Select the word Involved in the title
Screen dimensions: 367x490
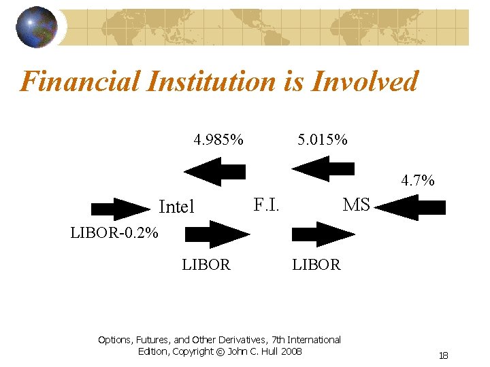(364, 82)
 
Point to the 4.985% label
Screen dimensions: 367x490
(218, 141)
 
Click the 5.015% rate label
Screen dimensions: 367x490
(323, 141)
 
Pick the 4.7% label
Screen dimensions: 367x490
(418, 181)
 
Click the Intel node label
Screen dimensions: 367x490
(176, 207)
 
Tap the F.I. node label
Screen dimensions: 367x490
(266, 204)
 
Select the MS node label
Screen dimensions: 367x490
(357, 204)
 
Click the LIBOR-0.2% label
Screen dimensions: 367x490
(114, 234)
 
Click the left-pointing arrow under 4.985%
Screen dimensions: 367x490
(215, 171)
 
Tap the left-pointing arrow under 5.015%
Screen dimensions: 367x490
(324, 169)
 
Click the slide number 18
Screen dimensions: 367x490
(444, 355)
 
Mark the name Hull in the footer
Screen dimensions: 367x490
(276, 351)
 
